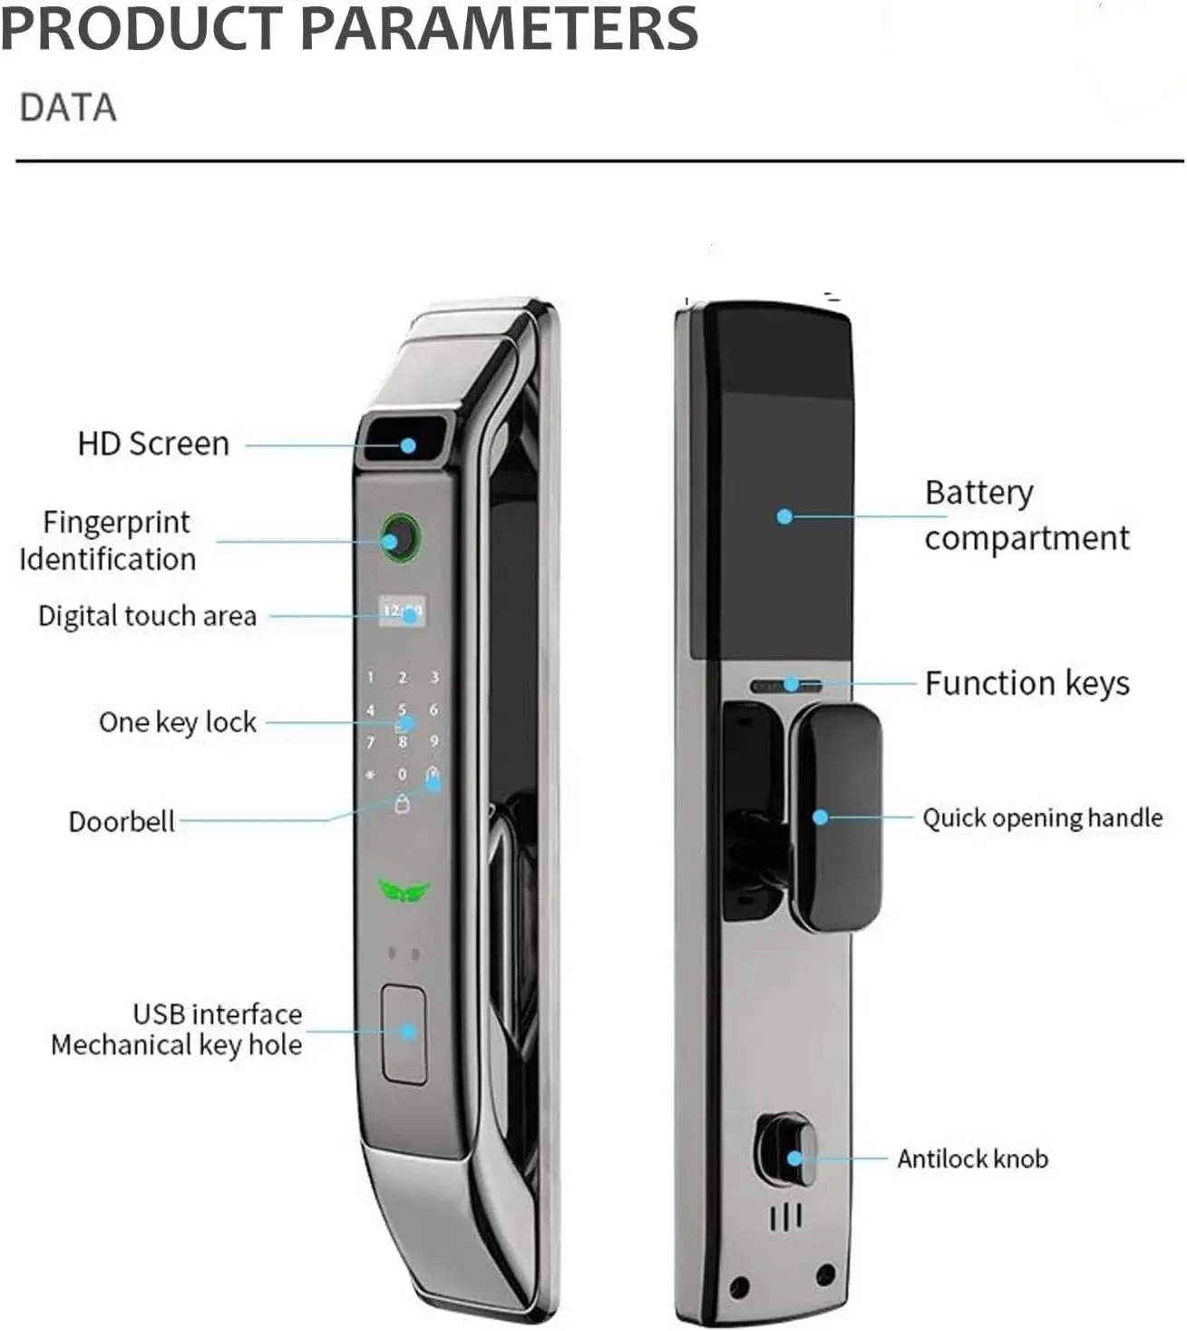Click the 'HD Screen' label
click(153, 444)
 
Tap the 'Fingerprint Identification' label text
click(108, 541)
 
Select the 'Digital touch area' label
click(147, 616)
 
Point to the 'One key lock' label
click(177, 722)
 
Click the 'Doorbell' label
click(122, 821)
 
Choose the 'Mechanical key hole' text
click(177, 1044)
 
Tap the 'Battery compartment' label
click(1026, 515)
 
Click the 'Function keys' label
click(1026, 683)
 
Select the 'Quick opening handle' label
click(1043, 817)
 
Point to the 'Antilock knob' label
click(972, 1159)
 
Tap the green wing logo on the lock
click(404, 891)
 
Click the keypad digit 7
click(371, 742)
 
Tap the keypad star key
click(371, 775)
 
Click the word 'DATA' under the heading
click(68, 108)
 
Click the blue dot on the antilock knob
click(794, 1159)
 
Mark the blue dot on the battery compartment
click(783, 516)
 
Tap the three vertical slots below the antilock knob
click(786, 1218)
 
